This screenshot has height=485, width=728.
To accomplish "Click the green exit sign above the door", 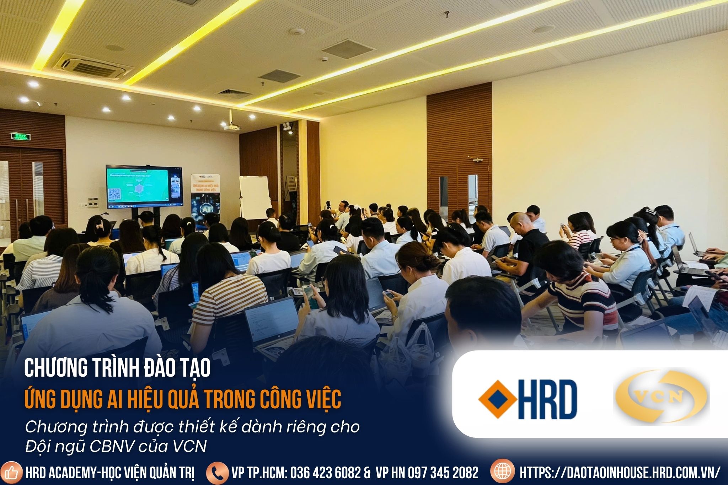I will (20, 136).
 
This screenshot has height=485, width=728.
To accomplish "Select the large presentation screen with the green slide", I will (144, 187).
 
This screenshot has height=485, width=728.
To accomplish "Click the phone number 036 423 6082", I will (325, 473).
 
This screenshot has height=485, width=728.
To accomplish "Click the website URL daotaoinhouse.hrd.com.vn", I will (620, 473).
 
